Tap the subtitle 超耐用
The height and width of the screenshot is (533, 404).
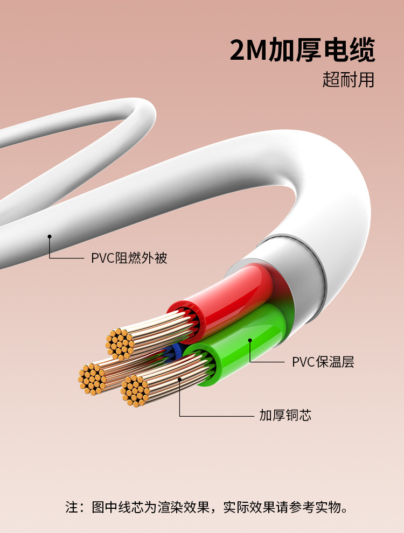[348, 80]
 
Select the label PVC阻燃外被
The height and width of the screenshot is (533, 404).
[129, 258]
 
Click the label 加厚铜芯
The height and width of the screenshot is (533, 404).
[285, 415]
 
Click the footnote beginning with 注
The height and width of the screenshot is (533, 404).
[207, 507]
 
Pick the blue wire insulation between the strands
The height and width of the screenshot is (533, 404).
[173, 353]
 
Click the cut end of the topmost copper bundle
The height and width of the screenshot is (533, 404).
[120, 343]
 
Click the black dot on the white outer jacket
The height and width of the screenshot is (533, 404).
[50, 236]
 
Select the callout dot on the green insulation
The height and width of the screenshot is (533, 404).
[250, 340]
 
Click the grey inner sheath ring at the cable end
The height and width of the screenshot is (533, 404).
[302, 269]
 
